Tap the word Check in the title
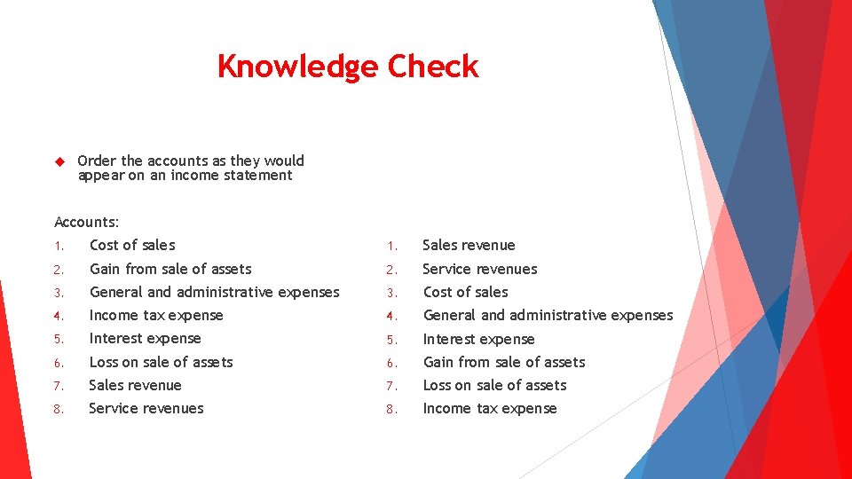[x=433, y=67]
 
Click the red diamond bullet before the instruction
[x=59, y=162]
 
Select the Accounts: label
[x=87, y=222]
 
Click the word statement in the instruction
[x=257, y=175]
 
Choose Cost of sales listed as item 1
[x=132, y=245]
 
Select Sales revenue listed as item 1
[x=469, y=245]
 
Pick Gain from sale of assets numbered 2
[x=170, y=269]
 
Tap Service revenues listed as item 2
[x=480, y=269]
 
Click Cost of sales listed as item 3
[x=466, y=292]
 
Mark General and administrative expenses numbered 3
[x=214, y=292]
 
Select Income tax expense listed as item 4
[x=156, y=315]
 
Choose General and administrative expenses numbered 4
[x=548, y=315]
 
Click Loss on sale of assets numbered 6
[x=162, y=362]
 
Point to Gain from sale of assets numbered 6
[x=504, y=362]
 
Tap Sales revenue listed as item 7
[x=135, y=385]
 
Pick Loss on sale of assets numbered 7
[x=494, y=385]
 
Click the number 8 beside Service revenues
[x=58, y=409]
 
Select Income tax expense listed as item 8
[x=490, y=408]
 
